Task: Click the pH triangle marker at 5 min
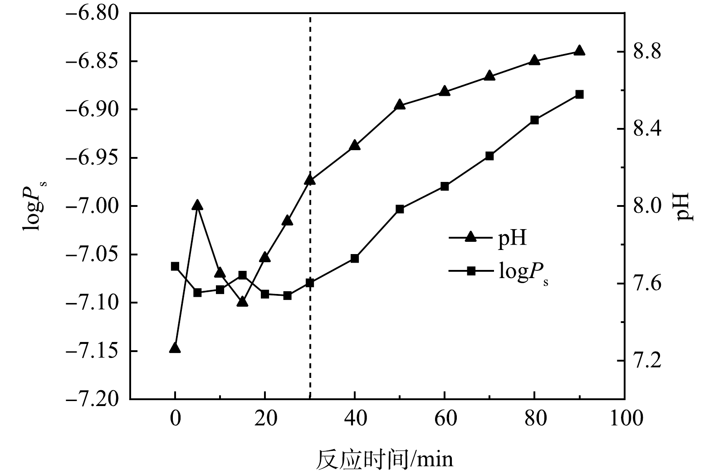pyautogui.click(x=197, y=206)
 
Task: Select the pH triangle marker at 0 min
pyautogui.click(x=175, y=348)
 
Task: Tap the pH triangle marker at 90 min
pyautogui.click(x=579, y=50)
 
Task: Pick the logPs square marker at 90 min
pyautogui.click(x=579, y=94)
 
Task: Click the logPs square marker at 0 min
pyautogui.click(x=175, y=266)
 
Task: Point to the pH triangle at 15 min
pyautogui.click(x=242, y=302)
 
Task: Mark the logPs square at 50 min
pyautogui.click(x=400, y=209)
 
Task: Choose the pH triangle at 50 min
pyautogui.click(x=400, y=105)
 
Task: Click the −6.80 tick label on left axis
pyautogui.click(x=93, y=13)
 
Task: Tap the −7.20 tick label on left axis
pyautogui.click(x=93, y=400)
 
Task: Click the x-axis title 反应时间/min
pyautogui.click(x=384, y=460)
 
